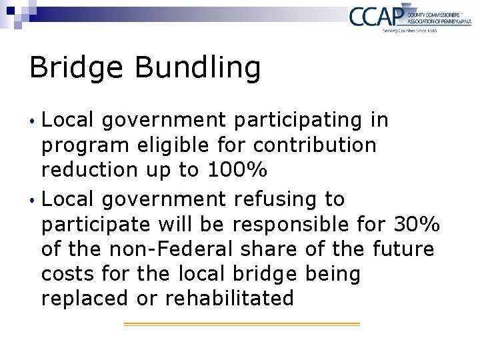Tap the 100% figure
[x=237, y=170]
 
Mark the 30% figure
[x=417, y=224]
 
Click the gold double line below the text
[x=242, y=324]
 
